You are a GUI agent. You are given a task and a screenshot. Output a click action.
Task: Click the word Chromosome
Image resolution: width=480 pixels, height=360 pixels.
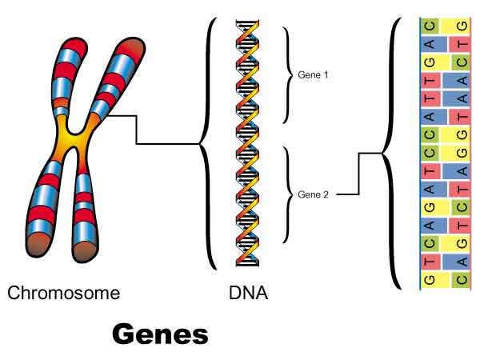coord(64,293)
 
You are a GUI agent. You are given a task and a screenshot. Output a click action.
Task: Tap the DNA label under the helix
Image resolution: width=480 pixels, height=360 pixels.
coord(248,293)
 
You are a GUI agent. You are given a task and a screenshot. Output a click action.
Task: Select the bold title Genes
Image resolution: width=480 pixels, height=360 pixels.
coord(160,334)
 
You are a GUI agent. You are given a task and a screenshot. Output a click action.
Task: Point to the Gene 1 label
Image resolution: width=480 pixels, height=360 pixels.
coord(314,74)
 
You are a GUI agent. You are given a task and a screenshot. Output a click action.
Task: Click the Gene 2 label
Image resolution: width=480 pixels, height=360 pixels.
coord(314,194)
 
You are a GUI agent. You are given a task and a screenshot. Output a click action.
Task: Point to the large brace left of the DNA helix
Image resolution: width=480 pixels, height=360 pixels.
coord(205,144)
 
